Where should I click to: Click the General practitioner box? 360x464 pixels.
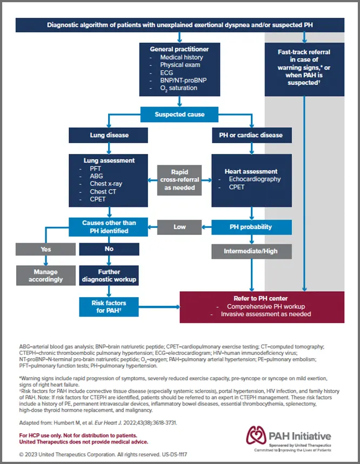[179, 69]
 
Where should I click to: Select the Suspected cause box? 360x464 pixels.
[179, 115]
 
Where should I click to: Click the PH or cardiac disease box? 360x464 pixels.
[251, 135]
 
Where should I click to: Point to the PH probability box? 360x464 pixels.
[251, 227]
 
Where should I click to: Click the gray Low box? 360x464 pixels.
[179, 227]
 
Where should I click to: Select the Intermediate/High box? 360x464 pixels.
[251, 251]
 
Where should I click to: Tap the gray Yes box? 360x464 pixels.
[45, 249]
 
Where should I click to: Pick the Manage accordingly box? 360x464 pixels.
[45, 275]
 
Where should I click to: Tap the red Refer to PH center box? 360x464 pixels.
[262, 307]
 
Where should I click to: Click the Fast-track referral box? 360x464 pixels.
[304, 68]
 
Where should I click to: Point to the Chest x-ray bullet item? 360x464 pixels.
[106, 184]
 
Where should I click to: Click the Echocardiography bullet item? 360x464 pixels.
[255, 179]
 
